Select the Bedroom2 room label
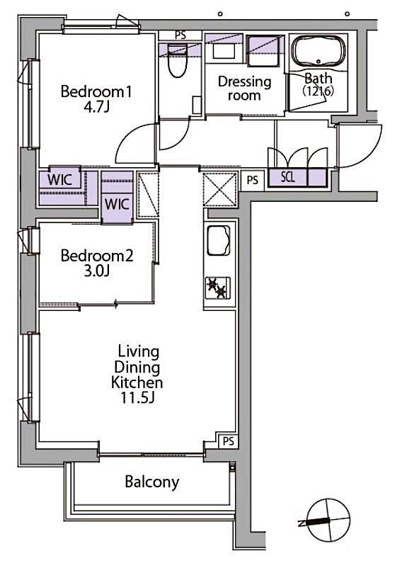[x=96, y=256]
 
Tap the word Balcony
[x=151, y=482]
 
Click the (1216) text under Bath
[x=318, y=91]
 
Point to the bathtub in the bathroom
[x=319, y=51]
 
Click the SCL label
[x=287, y=177]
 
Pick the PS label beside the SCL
[x=252, y=181]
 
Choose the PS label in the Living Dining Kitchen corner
[x=227, y=441]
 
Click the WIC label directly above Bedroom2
[x=116, y=204]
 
